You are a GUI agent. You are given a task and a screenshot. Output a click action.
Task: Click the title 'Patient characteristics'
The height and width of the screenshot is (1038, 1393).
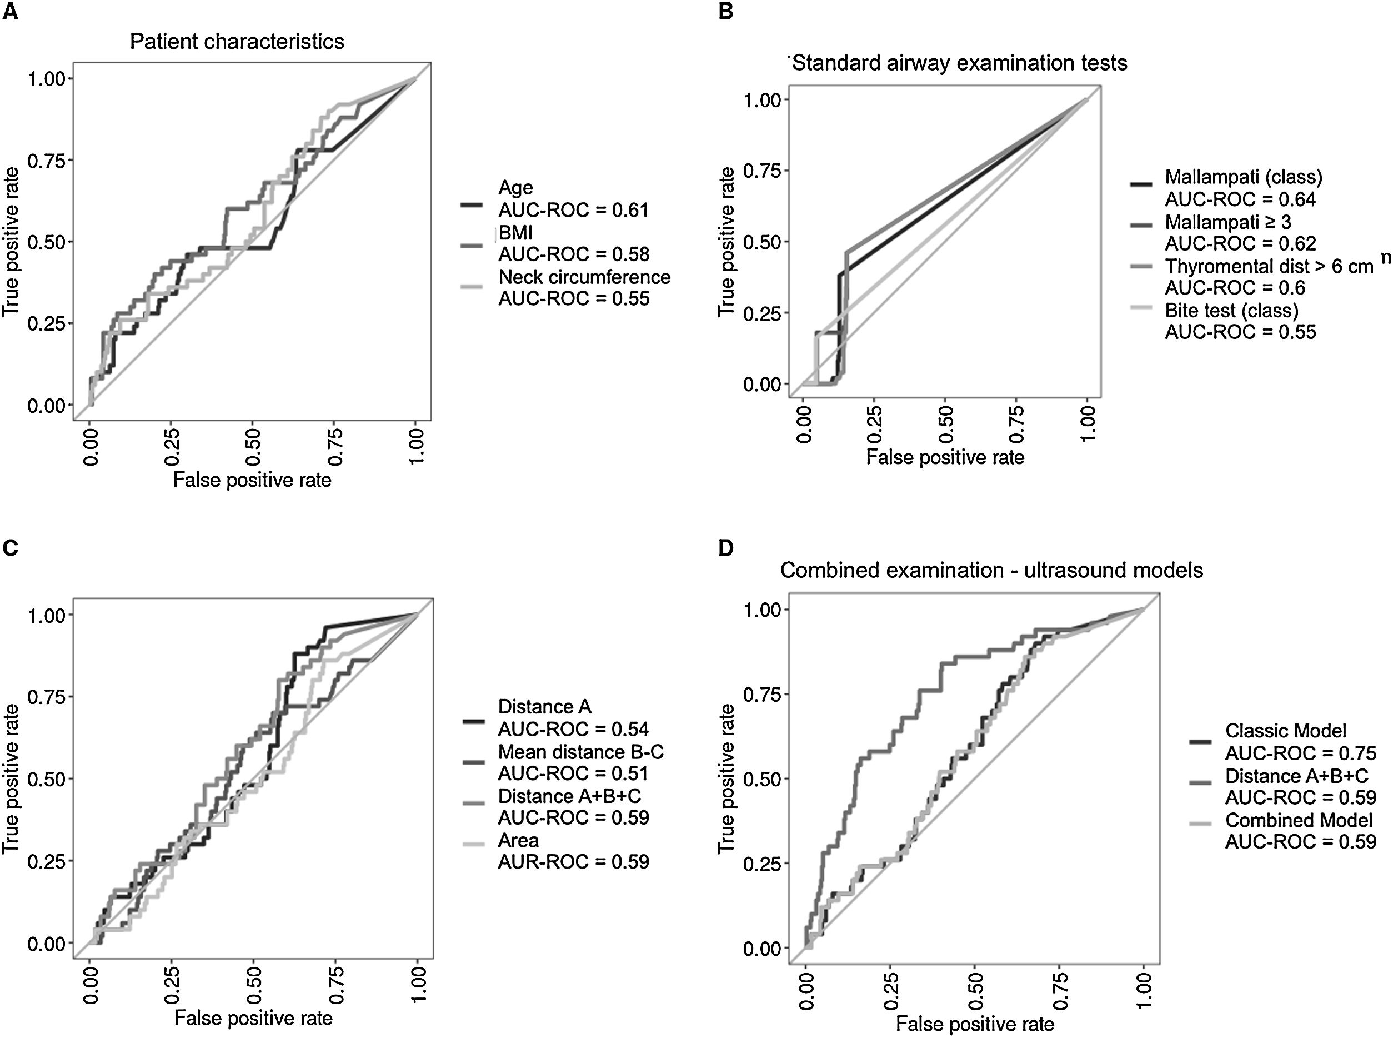pyautogui.click(x=237, y=42)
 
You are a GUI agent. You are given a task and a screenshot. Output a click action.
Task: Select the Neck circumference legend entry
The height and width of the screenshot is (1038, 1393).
pyautogui.click(x=584, y=277)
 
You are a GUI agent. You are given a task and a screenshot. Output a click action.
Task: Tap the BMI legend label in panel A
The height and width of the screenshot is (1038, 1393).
pyautogui.click(x=515, y=233)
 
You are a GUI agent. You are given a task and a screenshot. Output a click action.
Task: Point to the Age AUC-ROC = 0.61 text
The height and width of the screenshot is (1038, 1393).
pyautogui.click(x=573, y=210)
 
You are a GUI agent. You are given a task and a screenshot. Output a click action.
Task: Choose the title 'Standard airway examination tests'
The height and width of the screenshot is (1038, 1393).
pyautogui.click(x=959, y=63)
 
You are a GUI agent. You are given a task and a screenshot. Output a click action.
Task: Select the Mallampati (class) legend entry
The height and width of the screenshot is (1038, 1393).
pyautogui.click(x=1244, y=177)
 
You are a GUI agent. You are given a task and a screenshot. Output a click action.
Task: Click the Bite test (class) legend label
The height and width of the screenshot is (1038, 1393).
pyautogui.click(x=1231, y=311)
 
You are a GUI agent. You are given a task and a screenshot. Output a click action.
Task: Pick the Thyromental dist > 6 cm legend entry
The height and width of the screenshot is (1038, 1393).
pyautogui.click(x=1269, y=266)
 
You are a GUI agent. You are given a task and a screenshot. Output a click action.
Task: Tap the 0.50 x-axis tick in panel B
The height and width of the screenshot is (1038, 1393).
pyautogui.click(x=945, y=424)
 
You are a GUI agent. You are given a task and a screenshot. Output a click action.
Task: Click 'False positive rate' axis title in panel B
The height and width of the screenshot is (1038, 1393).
pyautogui.click(x=945, y=457)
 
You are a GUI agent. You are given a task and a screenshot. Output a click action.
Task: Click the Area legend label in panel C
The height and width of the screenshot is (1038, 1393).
pyautogui.click(x=518, y=840)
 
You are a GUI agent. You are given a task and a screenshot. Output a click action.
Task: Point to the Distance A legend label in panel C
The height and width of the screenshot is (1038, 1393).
pyautogui.click(x=544, y=707)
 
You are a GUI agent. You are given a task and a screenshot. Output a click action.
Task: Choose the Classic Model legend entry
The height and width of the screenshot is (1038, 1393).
pyautogui.click(x=1286, y=731)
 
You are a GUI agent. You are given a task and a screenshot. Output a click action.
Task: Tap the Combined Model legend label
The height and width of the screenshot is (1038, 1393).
pyautogui.click(x=1298, y=820)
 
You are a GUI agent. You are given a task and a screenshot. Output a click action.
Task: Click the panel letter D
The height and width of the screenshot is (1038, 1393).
pyautogui.click(x=725, y=548)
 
